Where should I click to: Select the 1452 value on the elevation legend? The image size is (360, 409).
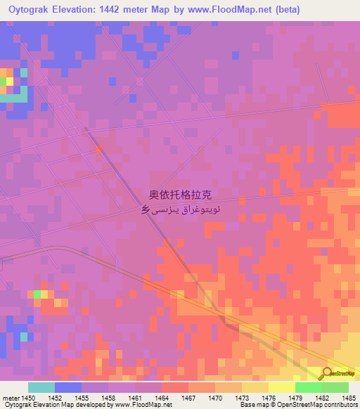pyautogui.click(x=55, y=398)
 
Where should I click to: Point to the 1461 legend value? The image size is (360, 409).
pyautogui.click(x=135, y=398)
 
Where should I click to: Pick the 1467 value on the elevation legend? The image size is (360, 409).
pyautogui.click(x=188, y=398)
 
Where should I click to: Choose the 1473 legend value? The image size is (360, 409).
pyautogui.click(x=242, y=398)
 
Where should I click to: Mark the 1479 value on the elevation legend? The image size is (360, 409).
pyautogui.click(x=295, y=398)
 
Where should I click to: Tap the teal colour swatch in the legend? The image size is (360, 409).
pyautogui.click(x=41, y=387)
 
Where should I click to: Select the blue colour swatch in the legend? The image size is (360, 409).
pyautogui.click(x=67, y=387)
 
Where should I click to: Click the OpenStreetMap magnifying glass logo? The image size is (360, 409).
pyautogui.click(x=328, y=374)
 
